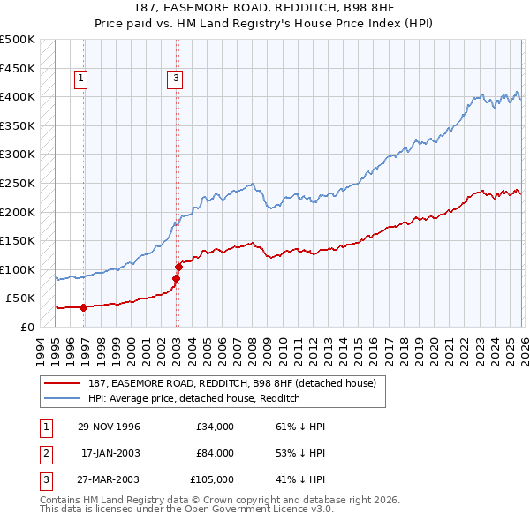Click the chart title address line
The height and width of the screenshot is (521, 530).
(265, 9)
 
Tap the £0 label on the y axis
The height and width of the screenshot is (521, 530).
(28, 328)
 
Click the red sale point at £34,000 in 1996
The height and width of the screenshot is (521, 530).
(84, 308)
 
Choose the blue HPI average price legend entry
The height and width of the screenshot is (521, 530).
(194, 398)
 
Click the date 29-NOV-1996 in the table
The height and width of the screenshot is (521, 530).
(109, 427)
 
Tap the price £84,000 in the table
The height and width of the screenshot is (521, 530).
(215, 453)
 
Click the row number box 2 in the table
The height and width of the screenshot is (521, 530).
(45, 453)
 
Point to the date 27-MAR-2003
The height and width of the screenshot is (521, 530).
(109, 479)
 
